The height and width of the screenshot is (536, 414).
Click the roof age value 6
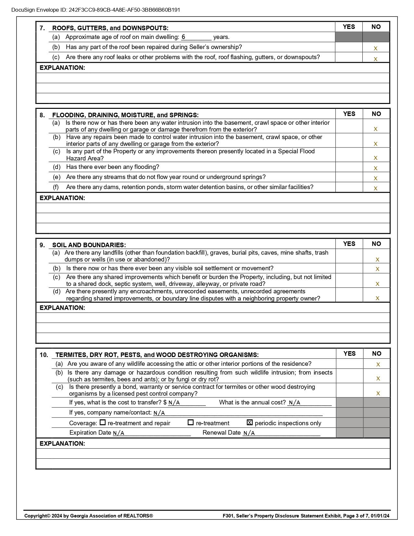[x=183, y=37]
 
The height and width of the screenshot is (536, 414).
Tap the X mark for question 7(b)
[x=376, y=48]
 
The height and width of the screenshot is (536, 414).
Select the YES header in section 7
[x=349, y=27]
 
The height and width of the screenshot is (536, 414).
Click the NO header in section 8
[x=376, y=114]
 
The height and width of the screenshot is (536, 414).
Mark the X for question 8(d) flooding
[x=376, y=168]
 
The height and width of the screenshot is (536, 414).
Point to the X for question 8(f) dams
[x=376, y=188]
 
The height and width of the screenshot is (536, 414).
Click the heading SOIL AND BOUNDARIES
[x=89, y=245]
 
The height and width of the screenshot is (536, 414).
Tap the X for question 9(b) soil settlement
[x=377, y=269]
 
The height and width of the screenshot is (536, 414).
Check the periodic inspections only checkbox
[x=250, y=423]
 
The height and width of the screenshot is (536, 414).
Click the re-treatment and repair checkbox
[x=103, y=423]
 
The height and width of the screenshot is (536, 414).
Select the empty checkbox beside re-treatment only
[x=191, y=423]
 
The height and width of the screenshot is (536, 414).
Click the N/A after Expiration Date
[x=119, y=433]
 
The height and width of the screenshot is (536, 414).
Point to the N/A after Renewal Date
[x=249, y=433]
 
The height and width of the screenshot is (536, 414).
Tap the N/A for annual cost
[x=295, y=403]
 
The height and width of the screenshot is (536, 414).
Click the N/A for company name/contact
[x=159, y=413]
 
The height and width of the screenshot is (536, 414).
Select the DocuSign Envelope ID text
[x=96, y=10]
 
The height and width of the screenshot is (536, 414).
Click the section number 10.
[x=44, y=355]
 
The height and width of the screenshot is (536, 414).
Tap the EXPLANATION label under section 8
[x=62, y=198]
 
